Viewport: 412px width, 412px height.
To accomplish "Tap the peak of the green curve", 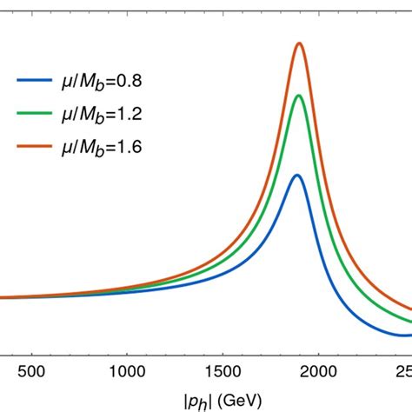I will (x=299, y=96).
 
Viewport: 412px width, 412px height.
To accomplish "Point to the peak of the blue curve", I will (x=297, y=175).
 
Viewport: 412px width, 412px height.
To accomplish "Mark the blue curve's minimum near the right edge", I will (x=402, y=335).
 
